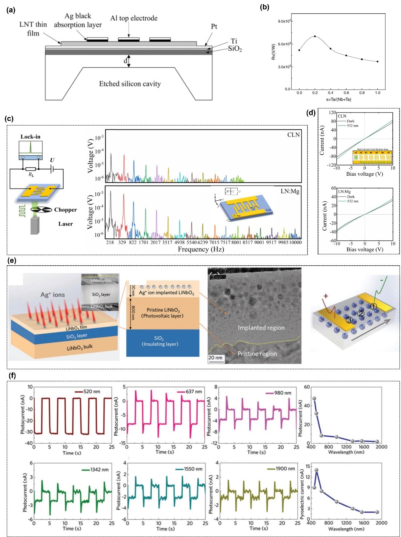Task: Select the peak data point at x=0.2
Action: [x=315, y=36]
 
